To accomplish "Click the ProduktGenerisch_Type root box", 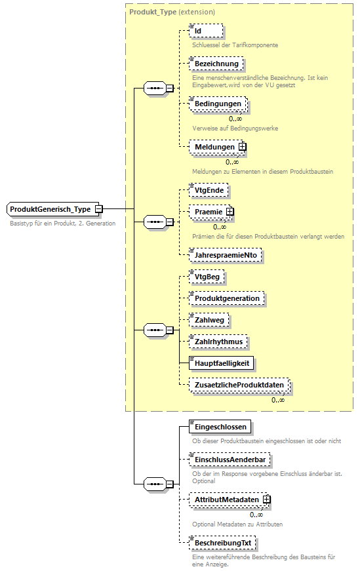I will click(51, 208).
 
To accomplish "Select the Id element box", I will click(206, 31).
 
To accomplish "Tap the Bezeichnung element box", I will click(216, 64).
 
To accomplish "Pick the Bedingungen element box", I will click(217, 104).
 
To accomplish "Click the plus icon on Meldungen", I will click(242, 147).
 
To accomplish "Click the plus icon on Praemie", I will click(230, 212).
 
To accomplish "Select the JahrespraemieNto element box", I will click(226, 255).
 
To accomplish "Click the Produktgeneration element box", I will click(227, 298).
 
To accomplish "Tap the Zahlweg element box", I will click(209, 319).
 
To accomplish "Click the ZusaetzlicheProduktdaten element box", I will click(239, 385).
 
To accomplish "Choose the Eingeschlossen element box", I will click(220, 427).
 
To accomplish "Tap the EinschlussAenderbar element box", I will click(229, 460).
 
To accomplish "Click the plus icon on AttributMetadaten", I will click(267, 500).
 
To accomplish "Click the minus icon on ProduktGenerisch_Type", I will click(98, 208).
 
